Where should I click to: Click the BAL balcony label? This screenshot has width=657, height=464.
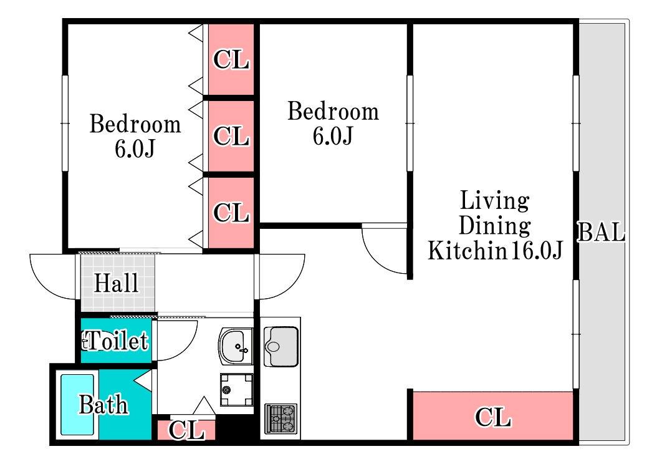point(602,232)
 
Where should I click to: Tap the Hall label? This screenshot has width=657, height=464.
point(116,283)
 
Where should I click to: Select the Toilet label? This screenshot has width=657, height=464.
point(115,341)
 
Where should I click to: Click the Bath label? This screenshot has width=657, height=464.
point(103,405)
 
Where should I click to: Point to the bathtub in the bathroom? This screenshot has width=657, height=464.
point(77,405)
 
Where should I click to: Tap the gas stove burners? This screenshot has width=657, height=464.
point(281,418)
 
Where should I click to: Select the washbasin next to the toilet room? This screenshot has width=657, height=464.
point(236,346)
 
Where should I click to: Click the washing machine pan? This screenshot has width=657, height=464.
point(237,390)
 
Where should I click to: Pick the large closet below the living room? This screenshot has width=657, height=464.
point(492,416)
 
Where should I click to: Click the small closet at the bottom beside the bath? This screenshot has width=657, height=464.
point(186,430)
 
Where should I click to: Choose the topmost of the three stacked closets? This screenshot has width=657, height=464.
point(231,59)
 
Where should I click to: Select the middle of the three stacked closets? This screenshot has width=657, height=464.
point(231,136)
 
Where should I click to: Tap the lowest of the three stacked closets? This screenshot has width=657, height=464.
point(231,213)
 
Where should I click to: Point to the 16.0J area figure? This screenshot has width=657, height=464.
point(536,251)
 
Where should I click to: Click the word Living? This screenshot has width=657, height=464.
point(495,201)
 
